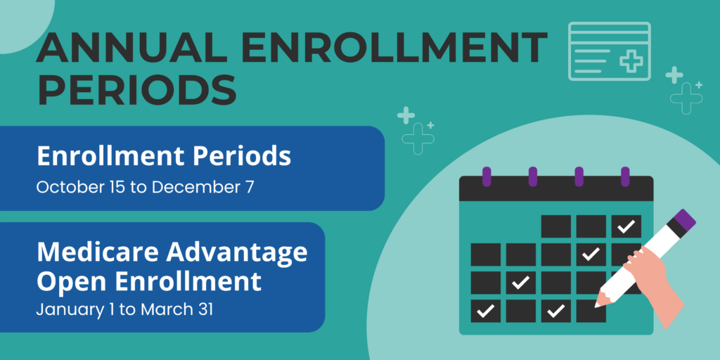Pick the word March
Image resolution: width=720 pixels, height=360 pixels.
click(x=162, y=309)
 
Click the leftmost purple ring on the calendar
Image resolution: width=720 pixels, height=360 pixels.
click(x=487, y=176)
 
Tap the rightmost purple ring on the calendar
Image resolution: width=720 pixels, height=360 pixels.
click(x=625, y=176)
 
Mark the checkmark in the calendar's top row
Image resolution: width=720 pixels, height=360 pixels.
click(x=626, y=226)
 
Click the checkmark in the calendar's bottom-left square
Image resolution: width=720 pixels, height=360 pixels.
click(x=485, y=311)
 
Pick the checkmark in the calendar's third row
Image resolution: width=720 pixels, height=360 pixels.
click(x=521, y=283)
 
